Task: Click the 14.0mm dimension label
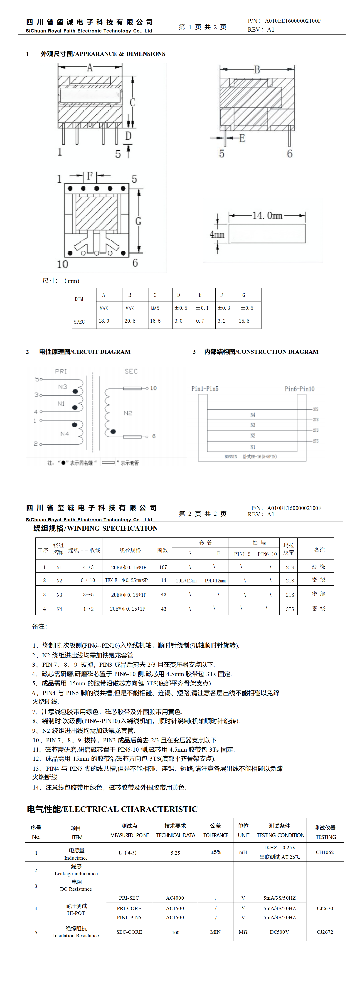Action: pos(267,215)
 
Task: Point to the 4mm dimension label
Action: pos(217,235)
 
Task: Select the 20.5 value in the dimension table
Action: pos(130,321)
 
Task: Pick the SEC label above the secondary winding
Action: pos(131,371)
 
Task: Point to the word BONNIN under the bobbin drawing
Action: pos(231,457)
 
